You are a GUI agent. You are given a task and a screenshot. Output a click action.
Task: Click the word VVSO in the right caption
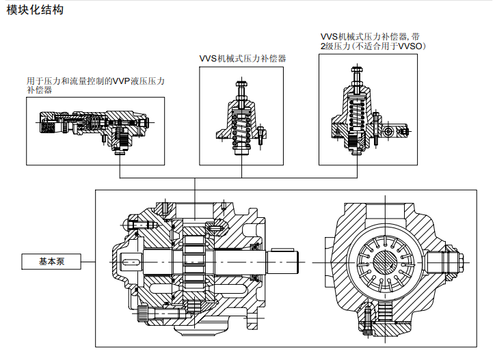tap(410, 46)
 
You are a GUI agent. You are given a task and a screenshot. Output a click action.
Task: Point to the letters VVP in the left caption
tap(120, 81)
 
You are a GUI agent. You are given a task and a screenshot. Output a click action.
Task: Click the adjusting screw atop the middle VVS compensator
tap(242, 88)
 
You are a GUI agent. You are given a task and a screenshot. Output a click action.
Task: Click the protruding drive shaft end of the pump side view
tap(286, 260)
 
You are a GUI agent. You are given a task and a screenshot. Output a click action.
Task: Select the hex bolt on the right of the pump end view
tap(457, 262)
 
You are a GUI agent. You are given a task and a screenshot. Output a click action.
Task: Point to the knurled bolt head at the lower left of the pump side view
tap(143, 315)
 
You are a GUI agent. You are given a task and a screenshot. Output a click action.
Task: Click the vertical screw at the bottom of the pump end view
tap(368, 316)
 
